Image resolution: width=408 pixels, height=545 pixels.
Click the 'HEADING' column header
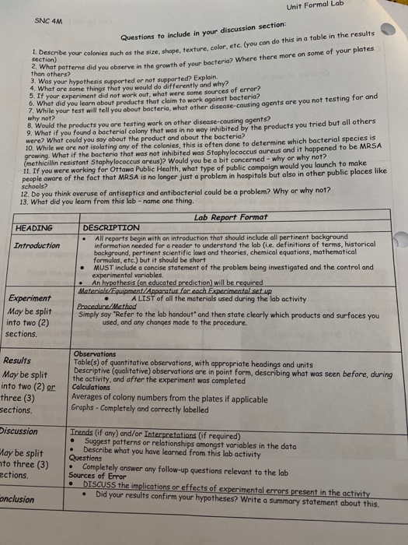point(34,228)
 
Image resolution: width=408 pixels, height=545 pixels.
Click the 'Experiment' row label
point(30,298)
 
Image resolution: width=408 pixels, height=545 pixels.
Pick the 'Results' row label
point(18,360)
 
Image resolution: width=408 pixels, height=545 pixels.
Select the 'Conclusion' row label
point(18,498)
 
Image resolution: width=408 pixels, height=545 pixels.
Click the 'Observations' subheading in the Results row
point(98,354)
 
